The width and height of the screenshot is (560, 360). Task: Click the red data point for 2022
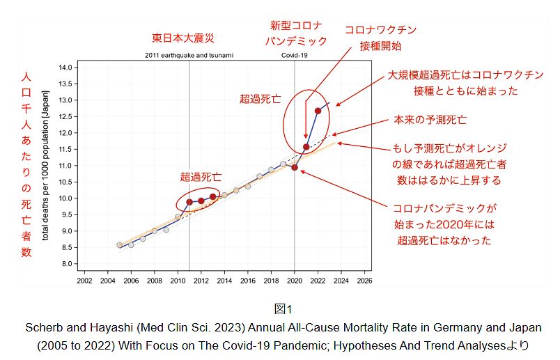click(318, 111)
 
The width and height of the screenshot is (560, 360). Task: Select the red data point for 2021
click(306, 147)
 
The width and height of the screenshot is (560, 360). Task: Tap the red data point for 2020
click(295, 167)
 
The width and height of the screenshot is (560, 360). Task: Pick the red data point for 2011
click(189, 202)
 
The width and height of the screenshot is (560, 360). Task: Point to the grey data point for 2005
click(119, 245)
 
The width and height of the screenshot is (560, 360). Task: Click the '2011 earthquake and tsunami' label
click(189, 54)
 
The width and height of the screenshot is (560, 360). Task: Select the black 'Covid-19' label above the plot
click(294, 54)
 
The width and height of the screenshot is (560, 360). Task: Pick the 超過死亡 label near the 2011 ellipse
click(201, 177)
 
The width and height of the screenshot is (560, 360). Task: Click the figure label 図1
click(280, 308)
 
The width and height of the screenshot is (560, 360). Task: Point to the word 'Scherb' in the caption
click(41, 327)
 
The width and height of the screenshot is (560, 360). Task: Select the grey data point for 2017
click(259, 177)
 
